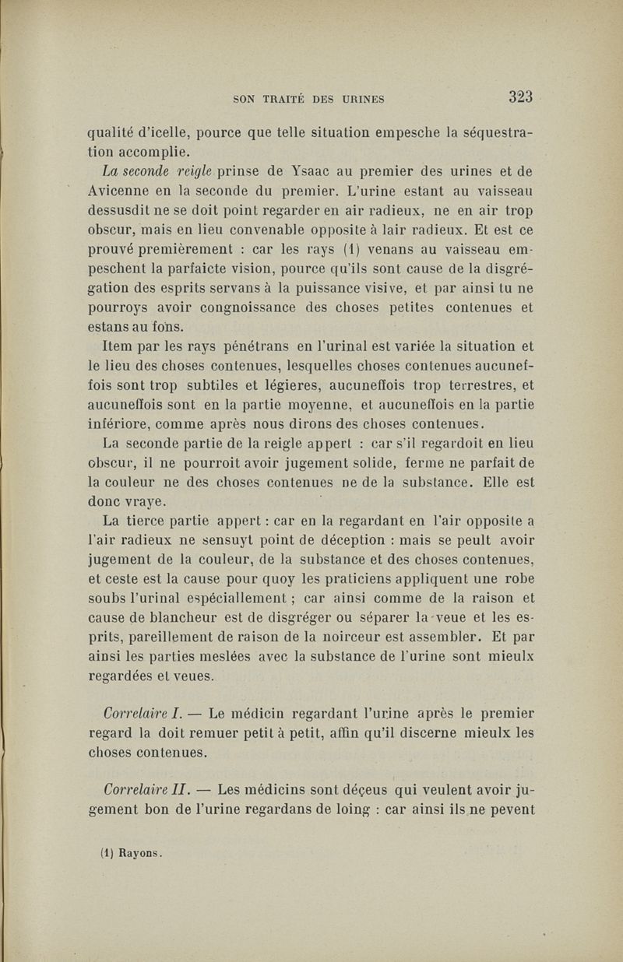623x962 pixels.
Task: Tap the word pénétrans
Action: coord(243,348)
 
